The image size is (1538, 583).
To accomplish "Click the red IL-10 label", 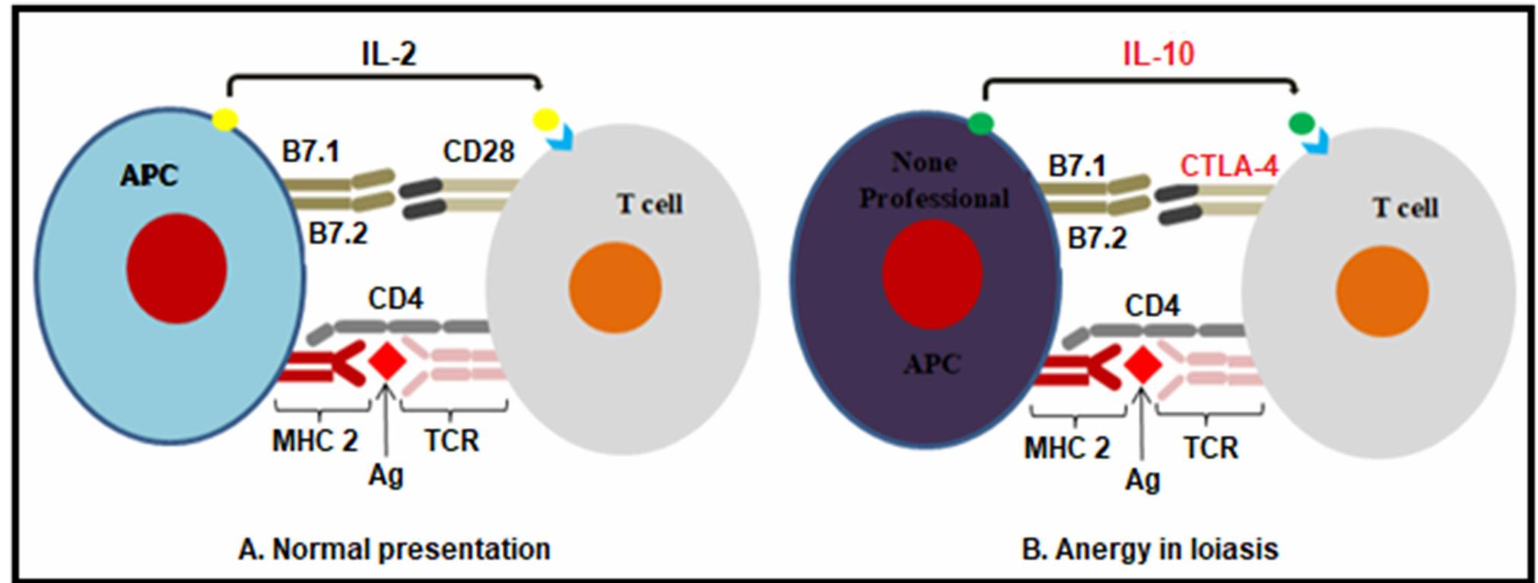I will [x=1158, y=53].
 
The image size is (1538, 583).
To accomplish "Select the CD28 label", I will [x=478, y=151].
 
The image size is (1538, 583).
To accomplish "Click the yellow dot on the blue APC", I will [x=224, y=119].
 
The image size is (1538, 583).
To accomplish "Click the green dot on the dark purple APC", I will [x=980, y=123].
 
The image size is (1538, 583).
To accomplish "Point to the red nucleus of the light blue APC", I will [x=176, y=268].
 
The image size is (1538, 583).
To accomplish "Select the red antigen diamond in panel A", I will [x=387, y=362].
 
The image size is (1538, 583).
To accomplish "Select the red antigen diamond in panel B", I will [x=1142, y=366].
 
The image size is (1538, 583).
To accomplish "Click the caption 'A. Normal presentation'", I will [x=394, y=549].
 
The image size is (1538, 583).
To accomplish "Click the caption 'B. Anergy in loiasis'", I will [x=1149, y=549].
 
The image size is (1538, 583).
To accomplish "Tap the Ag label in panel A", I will [x=386, y=475].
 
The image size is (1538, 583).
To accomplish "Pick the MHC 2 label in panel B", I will [x=1066, y=448].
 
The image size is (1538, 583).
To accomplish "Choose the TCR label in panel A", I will [x=452, y=440].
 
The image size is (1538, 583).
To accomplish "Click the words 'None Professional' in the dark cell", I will [x=933, y=181].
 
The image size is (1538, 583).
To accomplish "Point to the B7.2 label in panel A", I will [x=338, y=233].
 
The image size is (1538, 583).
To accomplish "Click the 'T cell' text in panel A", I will [x=650, y=204].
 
